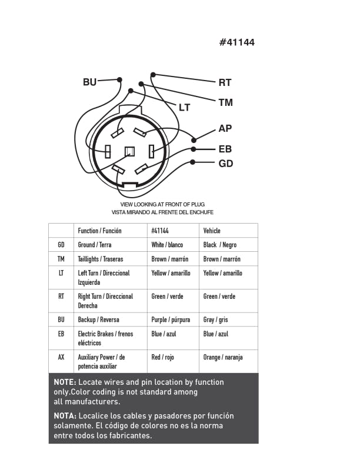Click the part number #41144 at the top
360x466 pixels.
pyautogui.click(x=236, y=42)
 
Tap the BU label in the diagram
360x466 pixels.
pyautogui.click(x=89, y=82)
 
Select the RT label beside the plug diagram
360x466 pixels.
pyautogui.click(x=225, y=83)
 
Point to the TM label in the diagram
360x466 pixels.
pyautogui.click(x=225, y=103)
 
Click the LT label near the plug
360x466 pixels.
pyautogui.click(x=185, y=108)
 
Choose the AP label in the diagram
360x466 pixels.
pyautogui.click(x=225, y=128)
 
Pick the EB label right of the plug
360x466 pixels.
pyautogui.click(x=225, y=149)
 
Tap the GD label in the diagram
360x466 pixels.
pyautogui.click(x=225, y=164)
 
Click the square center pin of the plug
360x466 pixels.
pyautogui.click(x=129, y=151)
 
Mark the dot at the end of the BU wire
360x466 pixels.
pyautogui.click(x=119, y=79)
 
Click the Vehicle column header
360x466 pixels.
pyautogui.click(x=212, y=231)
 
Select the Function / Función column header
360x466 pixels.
pyautogui.click(x=99, y=231)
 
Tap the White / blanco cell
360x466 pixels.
pyautogui.click(x=167, y=245)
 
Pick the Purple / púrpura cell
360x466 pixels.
pyautogui.click(x=171, y=320)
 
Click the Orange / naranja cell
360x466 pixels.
pyautogui.click(x=223, y=357)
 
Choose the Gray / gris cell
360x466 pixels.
pyautogui.click(x=216, y=320)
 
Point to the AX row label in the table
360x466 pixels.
pyautogui.click(x=61, y=357)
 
